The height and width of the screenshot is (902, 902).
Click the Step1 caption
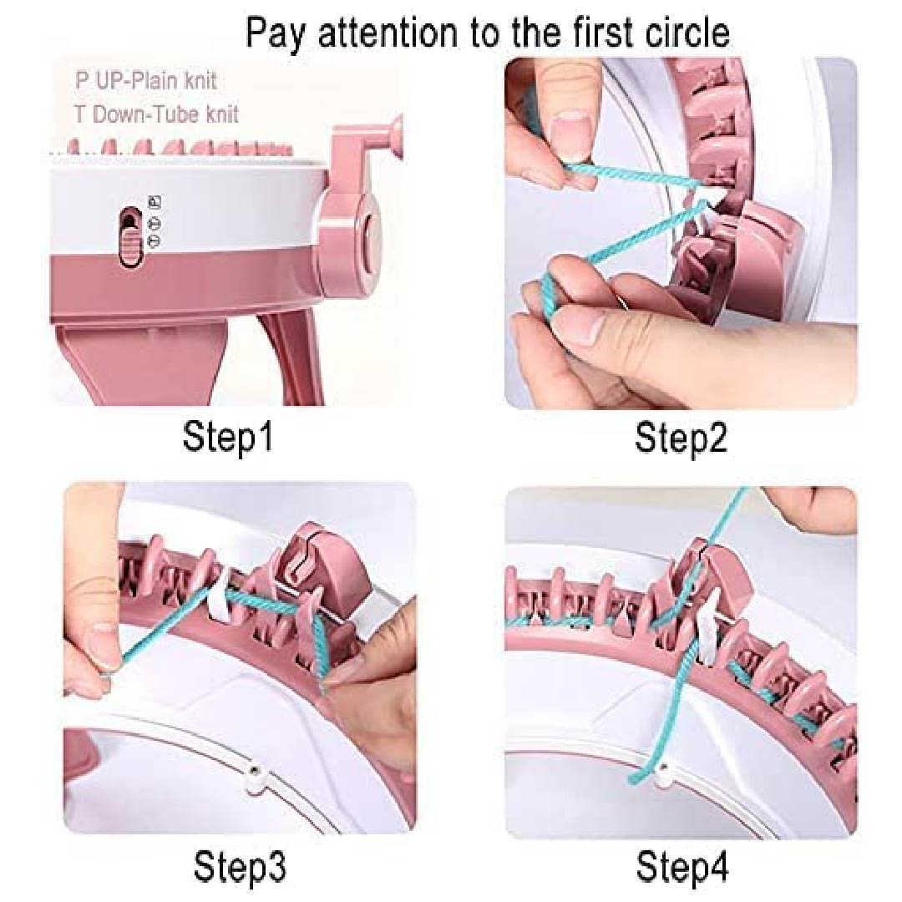click(x=227, y=438)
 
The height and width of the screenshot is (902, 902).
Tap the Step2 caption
click(x=682, y=438)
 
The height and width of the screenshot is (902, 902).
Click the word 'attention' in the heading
click(x=388, y=33)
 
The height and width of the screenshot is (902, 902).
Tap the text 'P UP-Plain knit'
click(x=146, y=80)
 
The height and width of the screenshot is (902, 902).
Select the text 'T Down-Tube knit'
click(x=156, y=114)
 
